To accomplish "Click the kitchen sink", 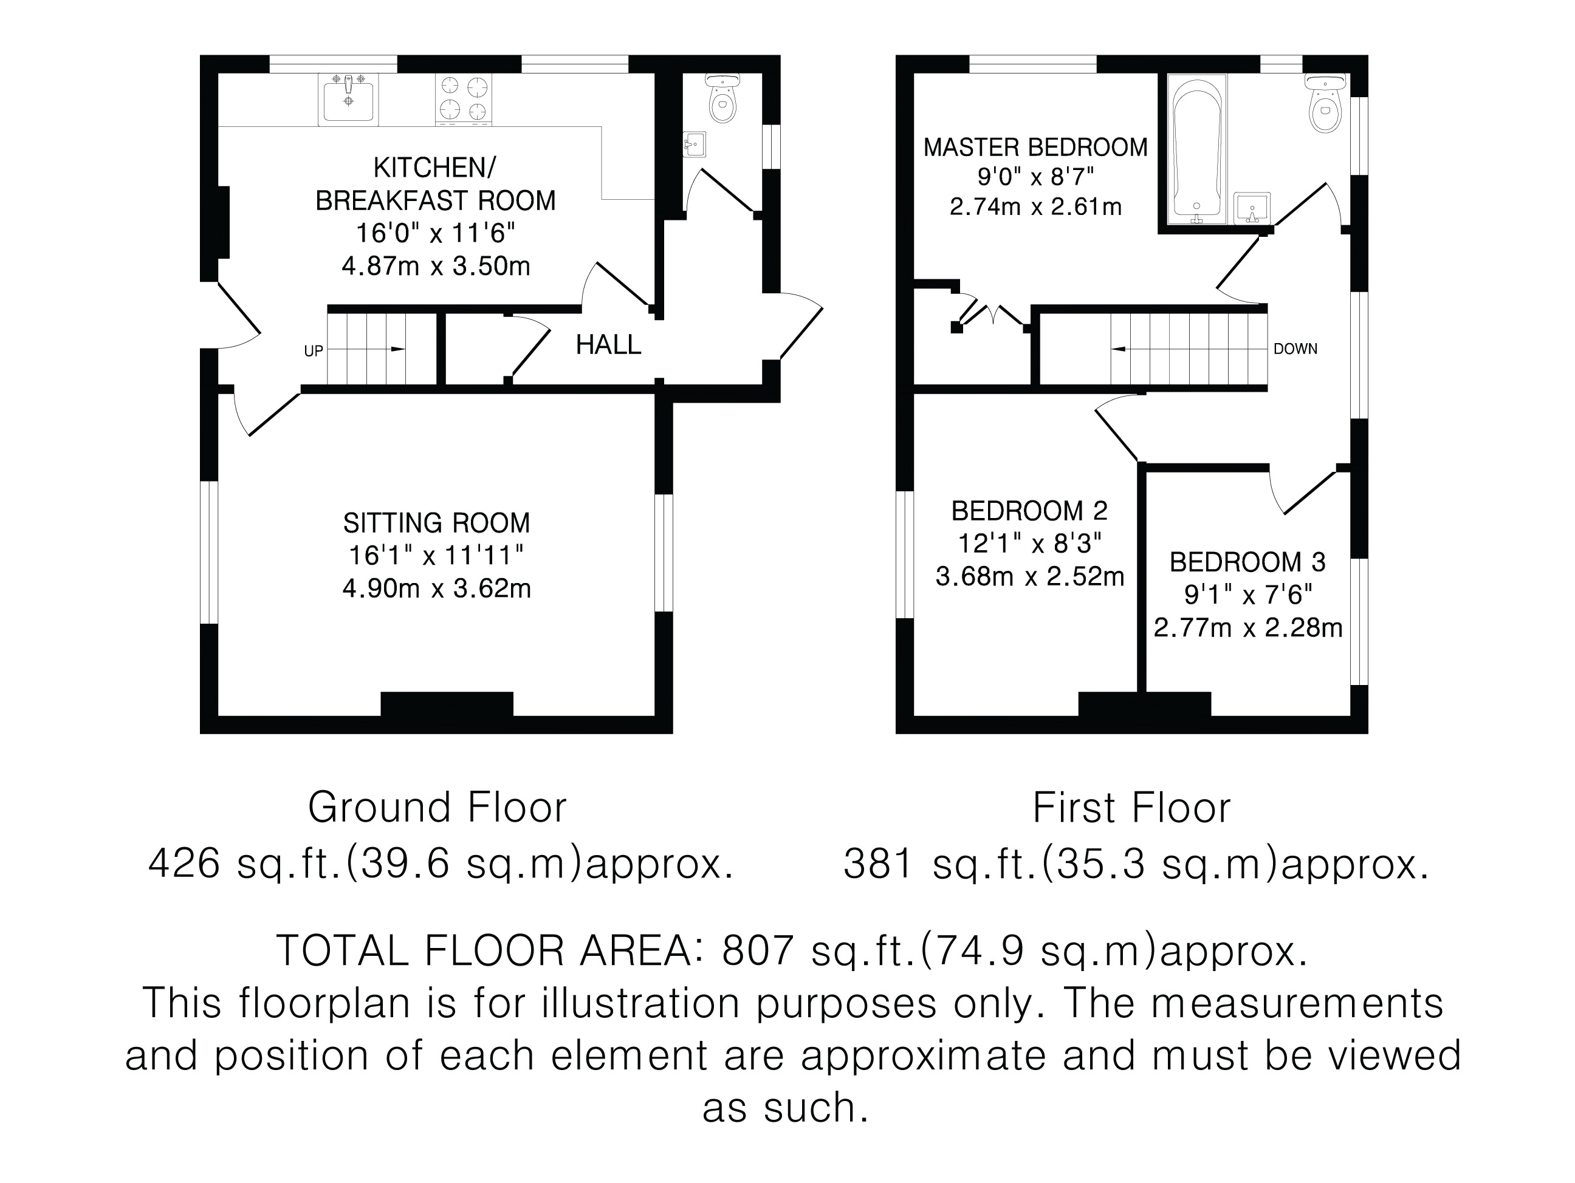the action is point(348,98).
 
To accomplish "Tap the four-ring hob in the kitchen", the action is point(464,98).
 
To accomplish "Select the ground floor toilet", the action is point(724,98).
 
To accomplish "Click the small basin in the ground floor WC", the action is point(693,145).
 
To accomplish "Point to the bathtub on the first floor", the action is point(1198,149).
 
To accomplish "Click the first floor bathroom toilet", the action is point(1325,104).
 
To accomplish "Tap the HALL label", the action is point(608,345).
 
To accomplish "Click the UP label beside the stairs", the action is point(314,351).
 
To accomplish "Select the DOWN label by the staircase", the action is point(1295,349).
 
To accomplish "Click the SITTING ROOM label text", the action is point(436,523).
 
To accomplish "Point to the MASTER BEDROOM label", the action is point(1035,148).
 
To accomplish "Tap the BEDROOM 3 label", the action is point(1247,562).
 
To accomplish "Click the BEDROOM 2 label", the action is point(1029,511).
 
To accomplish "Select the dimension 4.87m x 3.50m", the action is point(436,266).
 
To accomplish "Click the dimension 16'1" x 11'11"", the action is point(436,555).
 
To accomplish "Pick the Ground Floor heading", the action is point(437,808).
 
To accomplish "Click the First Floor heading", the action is point(1131,808).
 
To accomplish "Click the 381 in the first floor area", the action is point(879,865).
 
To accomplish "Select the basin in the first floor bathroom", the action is point(1252,207).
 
